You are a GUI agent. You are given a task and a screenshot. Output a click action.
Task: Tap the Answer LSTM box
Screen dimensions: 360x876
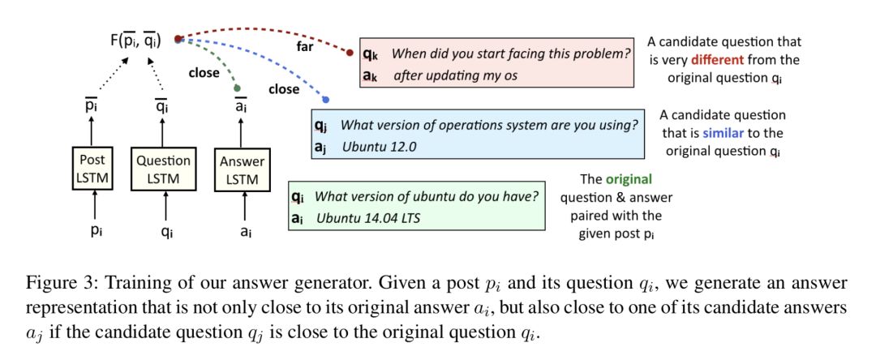click(242, 168)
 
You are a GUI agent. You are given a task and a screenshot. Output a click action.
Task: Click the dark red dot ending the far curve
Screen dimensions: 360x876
click(350, 54)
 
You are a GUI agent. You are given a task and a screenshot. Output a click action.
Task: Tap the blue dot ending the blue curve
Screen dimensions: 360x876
click(325, 100)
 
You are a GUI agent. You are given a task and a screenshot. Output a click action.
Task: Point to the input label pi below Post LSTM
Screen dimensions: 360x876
click(97, 230)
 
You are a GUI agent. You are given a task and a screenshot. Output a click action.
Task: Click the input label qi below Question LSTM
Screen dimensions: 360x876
click(166, 230)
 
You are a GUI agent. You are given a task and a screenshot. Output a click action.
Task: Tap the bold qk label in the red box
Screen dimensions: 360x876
click(370, 54)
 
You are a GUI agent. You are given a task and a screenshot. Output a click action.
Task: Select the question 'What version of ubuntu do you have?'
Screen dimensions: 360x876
click(425, 197)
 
